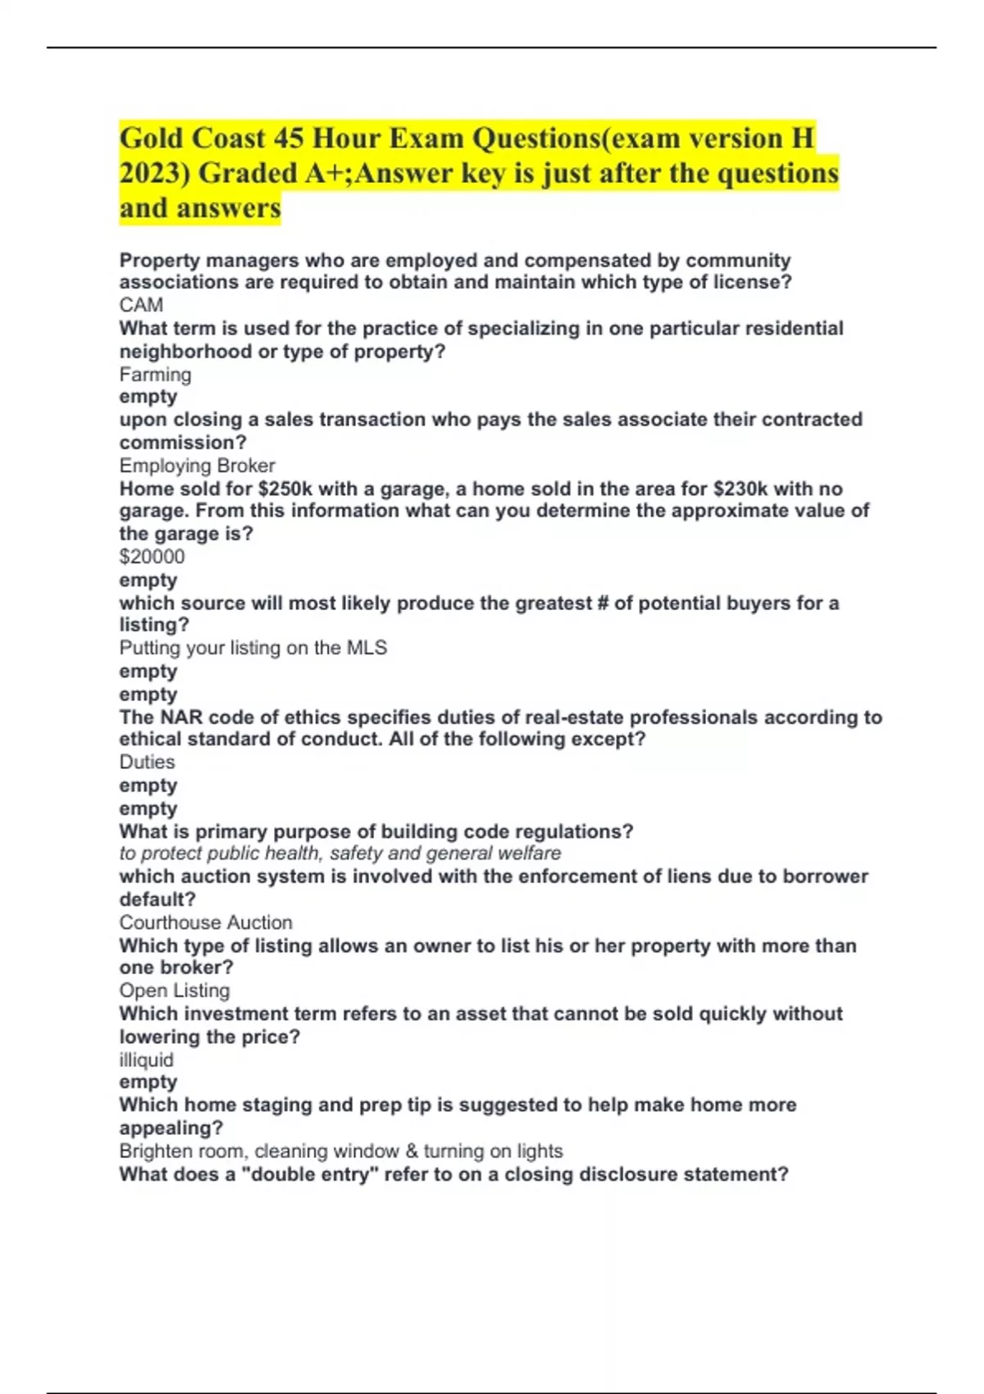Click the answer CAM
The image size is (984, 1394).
(141, 305)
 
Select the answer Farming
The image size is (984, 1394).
(155, 375)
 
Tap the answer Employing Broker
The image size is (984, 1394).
(197, 466)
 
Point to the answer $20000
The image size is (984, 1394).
(152, 557)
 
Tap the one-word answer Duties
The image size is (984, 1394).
(147, 762)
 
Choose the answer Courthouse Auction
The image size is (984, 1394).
(205, 922)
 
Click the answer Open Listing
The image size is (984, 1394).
(174, 991)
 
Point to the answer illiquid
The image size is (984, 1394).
(146, 1059)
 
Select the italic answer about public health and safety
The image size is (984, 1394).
(339, 854)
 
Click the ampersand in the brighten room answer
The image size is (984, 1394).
(412, 1151)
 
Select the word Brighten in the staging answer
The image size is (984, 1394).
(155, 1151)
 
